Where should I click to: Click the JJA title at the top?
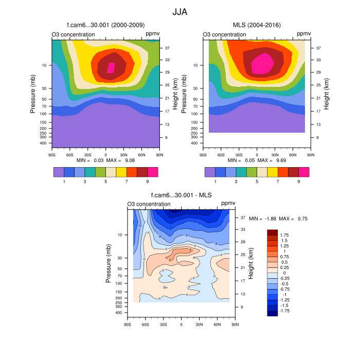coord(179,11)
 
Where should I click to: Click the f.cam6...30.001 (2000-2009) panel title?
coord(105,25)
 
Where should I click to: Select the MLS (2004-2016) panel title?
coord(257,25)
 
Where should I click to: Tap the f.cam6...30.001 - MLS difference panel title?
coord(181,195)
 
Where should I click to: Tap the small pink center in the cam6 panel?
coord(111,67)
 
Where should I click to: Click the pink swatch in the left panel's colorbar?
coord(153,172)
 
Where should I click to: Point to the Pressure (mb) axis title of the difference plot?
coord(109,263)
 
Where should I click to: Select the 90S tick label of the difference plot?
coord(128,325)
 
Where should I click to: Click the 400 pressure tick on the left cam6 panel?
coord(43,143)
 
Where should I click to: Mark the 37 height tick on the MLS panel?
coord(318,48)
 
